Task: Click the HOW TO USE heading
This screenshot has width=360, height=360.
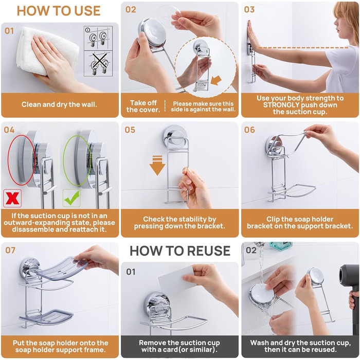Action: (59, 11)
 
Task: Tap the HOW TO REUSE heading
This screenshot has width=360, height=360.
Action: (180, 250)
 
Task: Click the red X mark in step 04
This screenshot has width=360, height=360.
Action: (12, 198)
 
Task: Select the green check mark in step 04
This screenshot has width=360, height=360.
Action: (72, 198)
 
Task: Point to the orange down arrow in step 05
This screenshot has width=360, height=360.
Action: (157, 165)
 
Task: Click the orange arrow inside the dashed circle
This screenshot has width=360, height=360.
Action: (216, 80)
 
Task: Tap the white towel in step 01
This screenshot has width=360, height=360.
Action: (46, 51)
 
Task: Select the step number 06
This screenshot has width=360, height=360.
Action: (249, 130)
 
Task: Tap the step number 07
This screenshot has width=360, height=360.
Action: (10, 250)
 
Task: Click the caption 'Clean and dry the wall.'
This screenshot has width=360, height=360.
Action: (59, 104)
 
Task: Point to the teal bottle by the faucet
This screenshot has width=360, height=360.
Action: (281, 246)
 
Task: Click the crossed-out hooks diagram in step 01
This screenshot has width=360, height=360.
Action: (98, 64)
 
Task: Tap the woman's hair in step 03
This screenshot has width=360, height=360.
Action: (348, 19)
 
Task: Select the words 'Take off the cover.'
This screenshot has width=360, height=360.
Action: (143, 106)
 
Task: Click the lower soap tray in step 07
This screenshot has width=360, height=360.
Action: (46, 317)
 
